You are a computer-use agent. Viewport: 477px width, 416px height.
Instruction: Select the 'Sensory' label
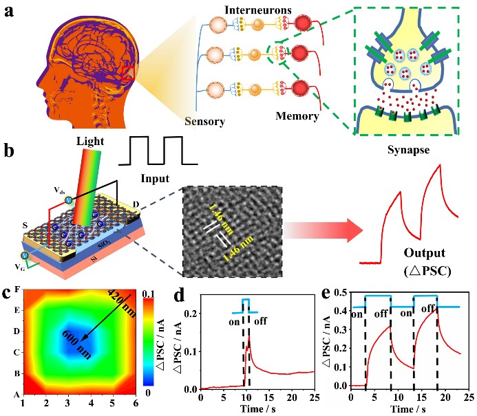coord(206,122)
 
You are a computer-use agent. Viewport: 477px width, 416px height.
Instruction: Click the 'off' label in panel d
coord(260,320)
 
